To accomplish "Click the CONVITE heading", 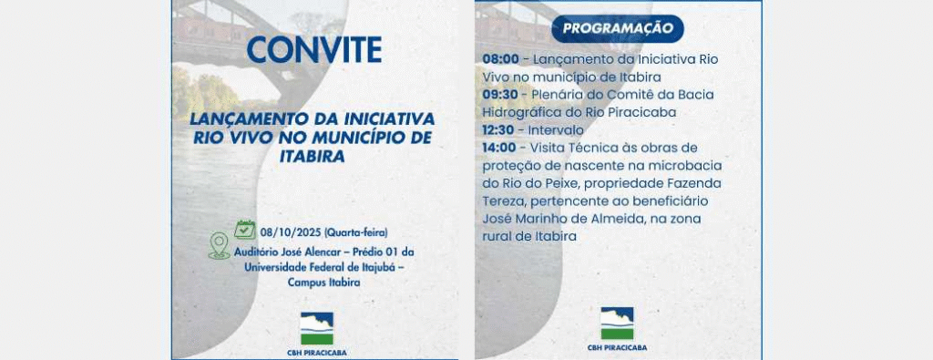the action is point(314,50).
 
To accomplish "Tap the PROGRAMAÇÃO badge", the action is point(618,28).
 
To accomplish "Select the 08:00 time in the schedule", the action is point(501,59).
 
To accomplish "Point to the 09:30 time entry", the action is point(501,95).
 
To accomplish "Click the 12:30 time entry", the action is point(500,129).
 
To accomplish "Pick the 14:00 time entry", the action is point(501,148).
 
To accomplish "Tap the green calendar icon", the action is point(244,230).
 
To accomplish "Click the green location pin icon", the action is point(219,246).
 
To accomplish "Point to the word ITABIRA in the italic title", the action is point(313,157).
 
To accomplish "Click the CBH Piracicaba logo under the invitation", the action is point(316,334).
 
